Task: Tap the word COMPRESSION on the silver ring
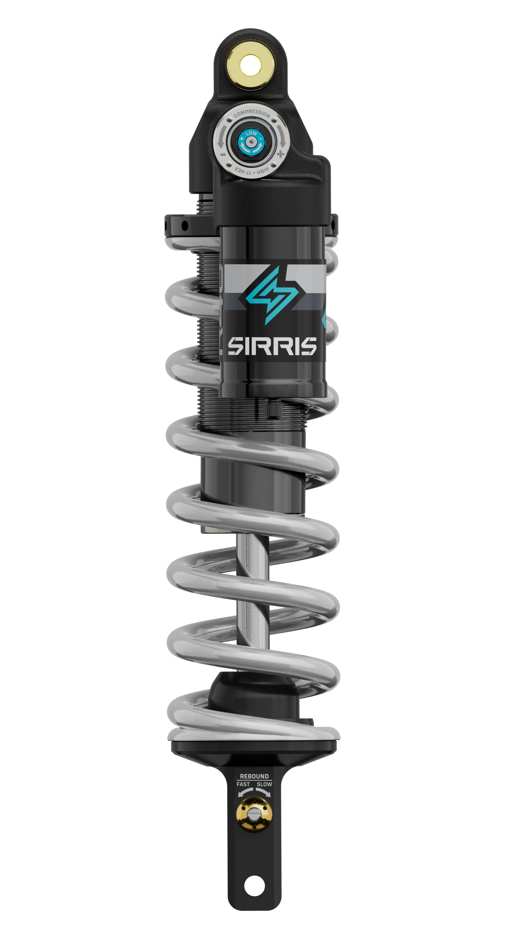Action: (252, 113)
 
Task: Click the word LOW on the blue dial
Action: (251, 133)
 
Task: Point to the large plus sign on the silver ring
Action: (280, 154)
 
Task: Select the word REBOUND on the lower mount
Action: (254, 776)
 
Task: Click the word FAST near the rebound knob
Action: (243, 784)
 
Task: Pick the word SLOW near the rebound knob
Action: (264, 784)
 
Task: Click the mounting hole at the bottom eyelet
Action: (254, 886)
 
